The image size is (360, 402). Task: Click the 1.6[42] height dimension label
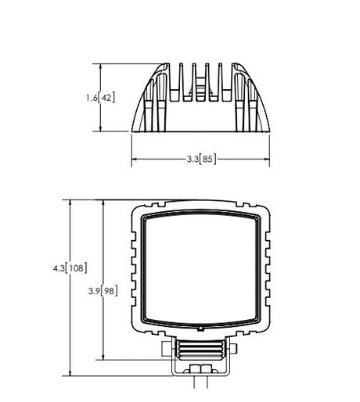100,98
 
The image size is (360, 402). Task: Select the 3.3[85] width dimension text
201,159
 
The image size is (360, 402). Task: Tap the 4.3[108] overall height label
70,268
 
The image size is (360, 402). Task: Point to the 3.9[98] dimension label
103,291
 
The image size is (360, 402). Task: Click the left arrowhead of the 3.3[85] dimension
134,159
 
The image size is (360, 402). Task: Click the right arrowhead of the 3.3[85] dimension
267,159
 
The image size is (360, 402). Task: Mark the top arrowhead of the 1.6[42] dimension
100,66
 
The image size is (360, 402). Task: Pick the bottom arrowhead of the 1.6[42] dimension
100,129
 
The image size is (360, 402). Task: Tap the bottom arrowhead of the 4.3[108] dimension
70,373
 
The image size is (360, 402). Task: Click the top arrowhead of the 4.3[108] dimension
70,203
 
